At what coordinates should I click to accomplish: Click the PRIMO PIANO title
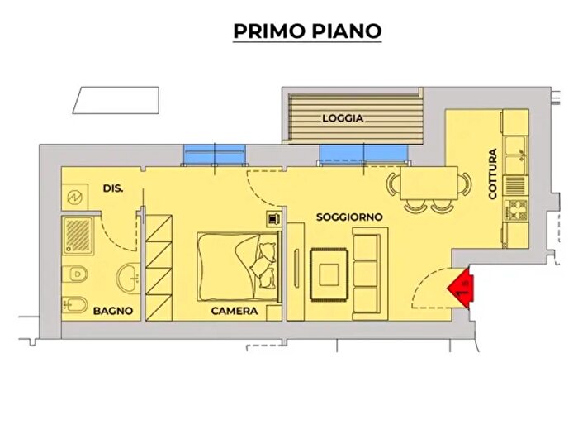click(x=307, y=31)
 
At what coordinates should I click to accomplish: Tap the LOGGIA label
click(x=343, y=118)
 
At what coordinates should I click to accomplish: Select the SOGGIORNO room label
click(x=349, y=217)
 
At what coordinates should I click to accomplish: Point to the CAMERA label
click(x=235, y=312)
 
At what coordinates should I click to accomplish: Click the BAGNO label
click(x=108, y=312)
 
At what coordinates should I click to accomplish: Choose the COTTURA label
click(x=493, y=174)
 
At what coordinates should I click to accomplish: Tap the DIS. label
click(x=113, y=188)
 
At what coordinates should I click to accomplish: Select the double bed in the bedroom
click(x=238, y=265)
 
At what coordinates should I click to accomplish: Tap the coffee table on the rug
click(x=329, y=273)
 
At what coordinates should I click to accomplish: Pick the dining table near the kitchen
click(x=429, y=182)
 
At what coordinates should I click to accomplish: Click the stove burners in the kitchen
click(x=518, y=207)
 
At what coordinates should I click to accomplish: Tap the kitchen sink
click(x=518, y=153)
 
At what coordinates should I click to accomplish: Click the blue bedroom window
click(x=215, y=155)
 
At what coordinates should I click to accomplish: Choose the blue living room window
click(x=362, y=153)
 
